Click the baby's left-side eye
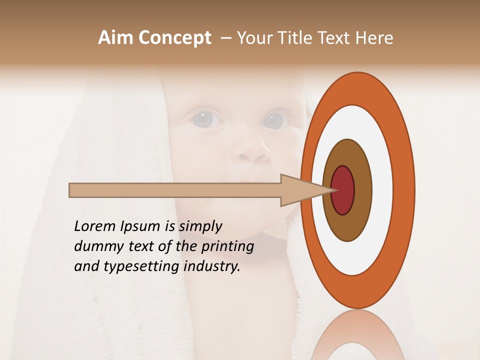click(x=205, y=119)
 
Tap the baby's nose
click(x=252, y=150)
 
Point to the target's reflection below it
click(x=357, y=335)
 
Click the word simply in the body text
click(x=200, y=227)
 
